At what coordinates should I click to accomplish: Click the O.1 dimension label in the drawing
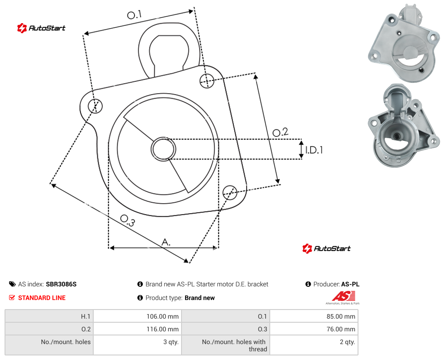(x=134, y=15)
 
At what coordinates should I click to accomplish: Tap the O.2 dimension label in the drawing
(x=280, y=132)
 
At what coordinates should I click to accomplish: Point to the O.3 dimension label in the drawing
(x=128, y=220)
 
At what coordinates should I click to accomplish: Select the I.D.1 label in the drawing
(x=314, y=150)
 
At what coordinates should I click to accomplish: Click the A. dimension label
(x=166, y=242)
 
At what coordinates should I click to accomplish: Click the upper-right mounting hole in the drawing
(x=207, y=80)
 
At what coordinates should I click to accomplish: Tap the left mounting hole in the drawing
(x=95, y=106)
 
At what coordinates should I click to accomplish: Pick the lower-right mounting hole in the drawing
(x=230, y=192)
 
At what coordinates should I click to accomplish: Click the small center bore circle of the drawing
(x=163, y=149)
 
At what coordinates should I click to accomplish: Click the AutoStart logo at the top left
(x=41, y=28)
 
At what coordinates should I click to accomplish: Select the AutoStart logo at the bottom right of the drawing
(x=326, y=249)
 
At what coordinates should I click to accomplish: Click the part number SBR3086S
(x=61, y=284)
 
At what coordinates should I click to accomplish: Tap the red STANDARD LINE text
(x=42, y=298)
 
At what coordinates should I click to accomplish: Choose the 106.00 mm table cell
(x=137, y=316)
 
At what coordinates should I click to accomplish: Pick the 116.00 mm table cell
(x=137, y=329)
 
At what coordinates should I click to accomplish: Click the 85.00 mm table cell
(x=314, y=316)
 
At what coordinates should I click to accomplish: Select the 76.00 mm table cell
(x=314, y=329)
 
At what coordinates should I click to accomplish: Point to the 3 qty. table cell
(x=137, y=345)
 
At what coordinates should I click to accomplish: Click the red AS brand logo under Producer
(x=343, y=297)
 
